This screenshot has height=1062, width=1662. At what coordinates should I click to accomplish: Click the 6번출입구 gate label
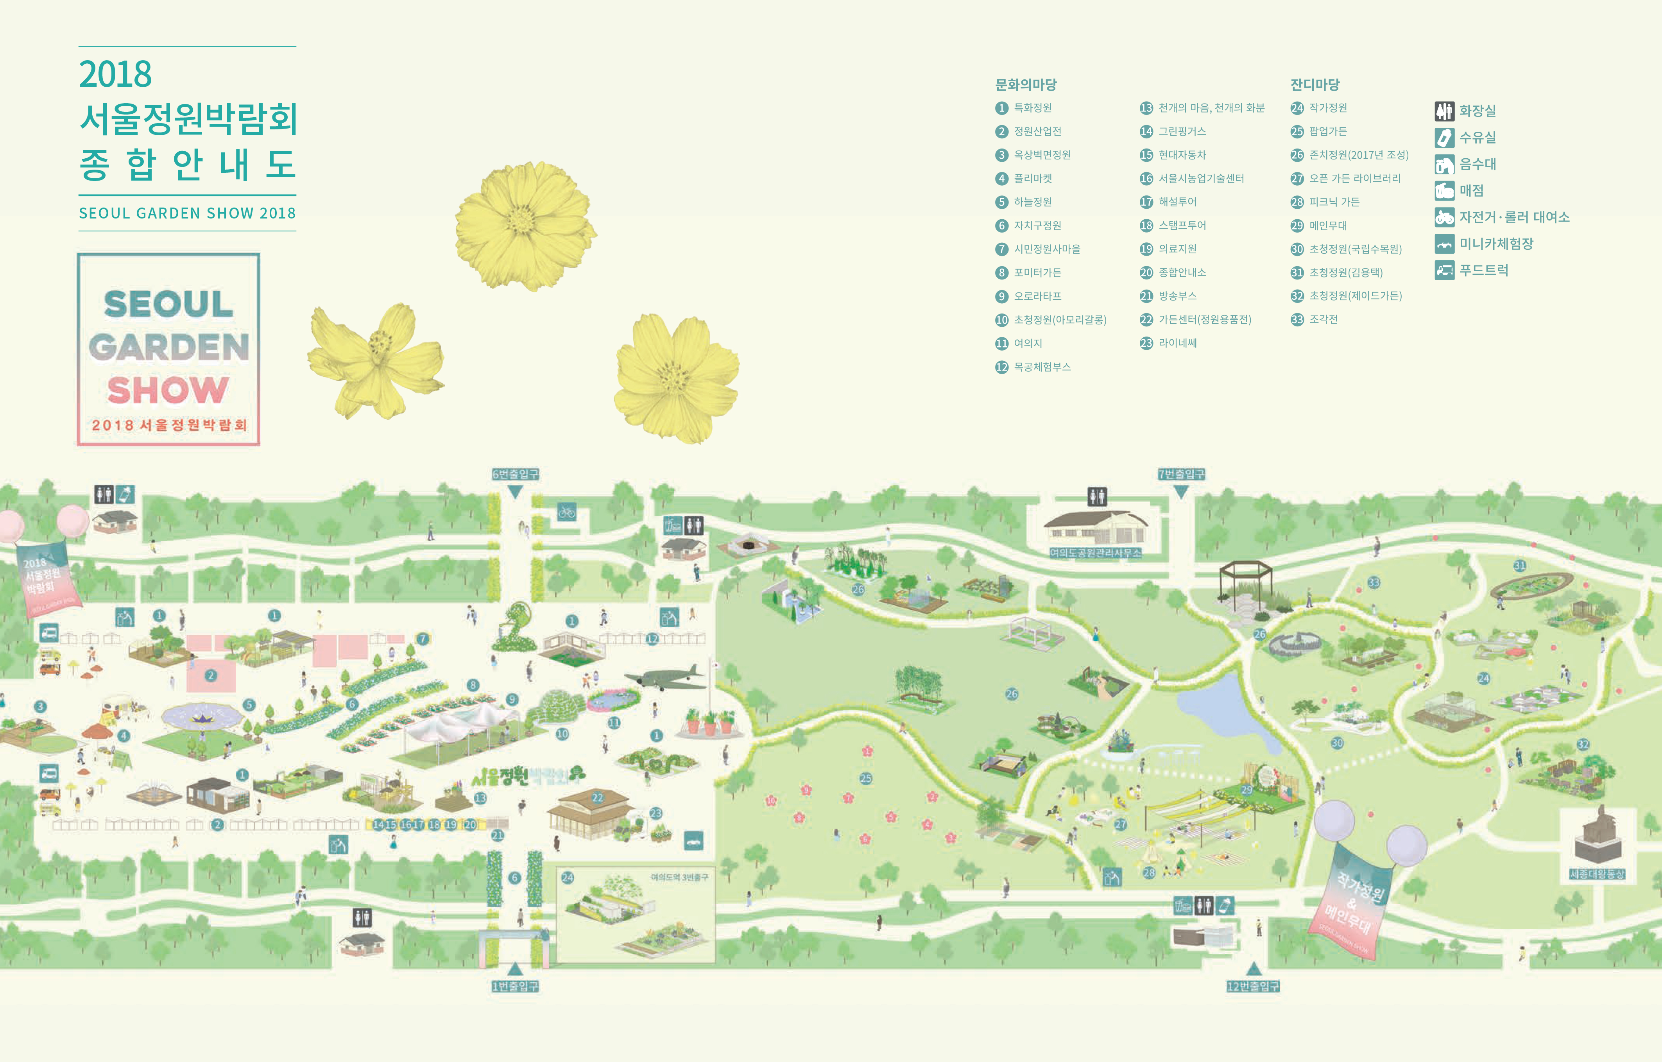click(x=515, y=474)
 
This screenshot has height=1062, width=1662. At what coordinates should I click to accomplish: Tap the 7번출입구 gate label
click(x=1181, y=474)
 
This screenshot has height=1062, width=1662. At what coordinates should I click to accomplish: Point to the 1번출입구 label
click(x=515, y=987)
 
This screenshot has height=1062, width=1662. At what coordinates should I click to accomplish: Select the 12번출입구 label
click(x=1253, y=987)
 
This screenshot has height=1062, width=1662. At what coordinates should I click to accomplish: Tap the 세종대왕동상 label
click(x=1597, y=874)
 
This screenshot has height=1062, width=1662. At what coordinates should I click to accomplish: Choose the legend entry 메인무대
click(x=1328, y=226)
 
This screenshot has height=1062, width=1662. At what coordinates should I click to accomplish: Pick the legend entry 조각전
click(x=1323, y=319)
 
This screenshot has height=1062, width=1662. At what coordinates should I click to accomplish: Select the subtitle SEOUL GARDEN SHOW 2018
click(x=187, y=213)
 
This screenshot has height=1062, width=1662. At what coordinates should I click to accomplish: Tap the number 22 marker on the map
click(x=598, y=798)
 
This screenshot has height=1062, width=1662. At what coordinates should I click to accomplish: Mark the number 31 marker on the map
click(x=1520, y=566)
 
